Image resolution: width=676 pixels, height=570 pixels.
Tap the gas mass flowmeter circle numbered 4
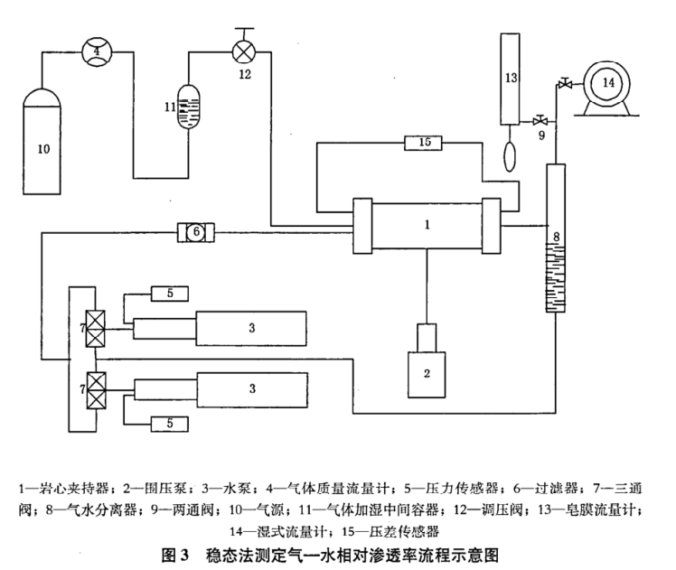tap(96, 51)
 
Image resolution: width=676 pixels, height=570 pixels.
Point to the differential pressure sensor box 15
tap(425, 142)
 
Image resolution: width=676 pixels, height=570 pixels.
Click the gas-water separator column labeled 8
tap(554, 238)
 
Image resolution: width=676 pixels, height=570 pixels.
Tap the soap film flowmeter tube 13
tap(512, 79)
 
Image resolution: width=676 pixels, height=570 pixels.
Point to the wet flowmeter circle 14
tap(606, 83)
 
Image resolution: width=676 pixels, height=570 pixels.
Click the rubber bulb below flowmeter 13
tap(512, 151)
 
